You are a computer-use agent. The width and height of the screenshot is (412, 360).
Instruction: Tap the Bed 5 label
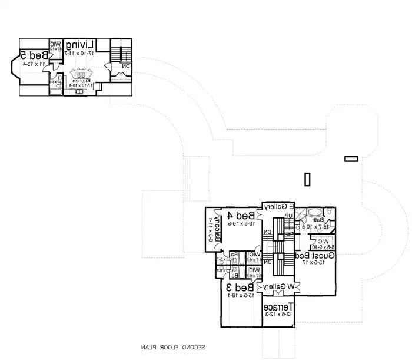[31, 55]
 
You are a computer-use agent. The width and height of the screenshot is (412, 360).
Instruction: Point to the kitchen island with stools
[79, 74]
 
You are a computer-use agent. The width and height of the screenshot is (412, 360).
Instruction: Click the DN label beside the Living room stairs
[125, 67]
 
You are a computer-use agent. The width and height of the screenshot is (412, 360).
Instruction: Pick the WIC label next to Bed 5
[55, 44]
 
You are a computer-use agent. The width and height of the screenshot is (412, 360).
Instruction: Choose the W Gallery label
[279, 286]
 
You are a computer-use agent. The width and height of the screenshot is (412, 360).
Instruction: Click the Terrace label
[279, 307]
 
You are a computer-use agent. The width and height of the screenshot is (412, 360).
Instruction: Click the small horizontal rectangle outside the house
[351, 158]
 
